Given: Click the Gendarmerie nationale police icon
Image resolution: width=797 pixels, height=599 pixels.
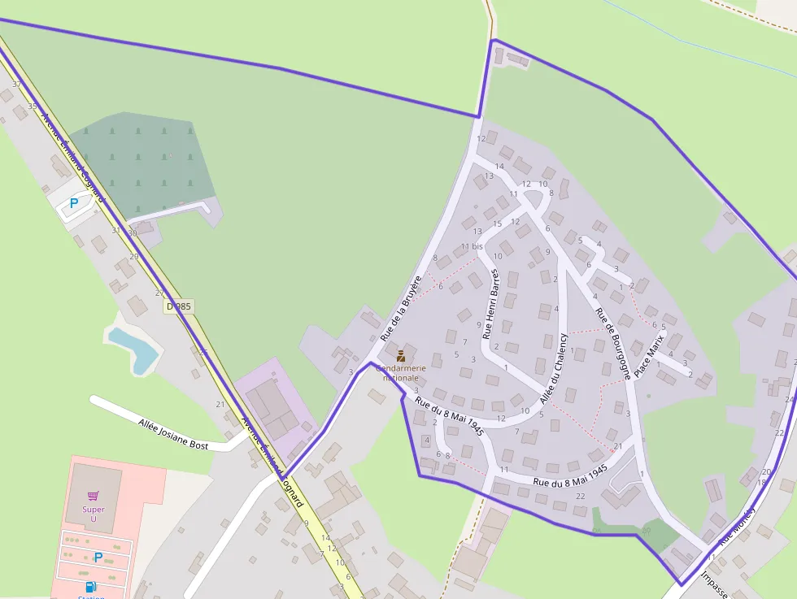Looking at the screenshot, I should click(x=401, y=355).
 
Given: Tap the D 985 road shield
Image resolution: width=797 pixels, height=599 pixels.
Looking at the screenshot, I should click(x=179, y=306).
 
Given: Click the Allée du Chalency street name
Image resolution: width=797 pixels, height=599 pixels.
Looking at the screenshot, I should click(x=554, y=368).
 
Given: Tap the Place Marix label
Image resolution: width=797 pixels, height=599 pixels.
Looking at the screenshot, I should click(x=649, y=354).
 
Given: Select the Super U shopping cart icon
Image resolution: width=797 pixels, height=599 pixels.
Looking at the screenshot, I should click(x=94, y=495).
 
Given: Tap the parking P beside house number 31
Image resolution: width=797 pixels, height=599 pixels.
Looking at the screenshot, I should click(x=74, y=203).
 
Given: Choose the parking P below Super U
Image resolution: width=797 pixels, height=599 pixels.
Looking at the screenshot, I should click(x=98, y=558).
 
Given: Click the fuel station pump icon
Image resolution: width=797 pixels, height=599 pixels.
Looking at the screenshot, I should click(x=90, y=586).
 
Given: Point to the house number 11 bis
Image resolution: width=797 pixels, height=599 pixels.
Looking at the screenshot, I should click(x=472, y=246).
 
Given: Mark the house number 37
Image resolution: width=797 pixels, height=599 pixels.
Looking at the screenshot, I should click(x=16, y=85).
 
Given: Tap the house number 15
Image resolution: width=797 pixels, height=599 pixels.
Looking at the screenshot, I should click(x=498, y=224).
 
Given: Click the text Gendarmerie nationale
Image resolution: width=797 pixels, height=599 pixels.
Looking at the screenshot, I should click(x=401, y=373).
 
